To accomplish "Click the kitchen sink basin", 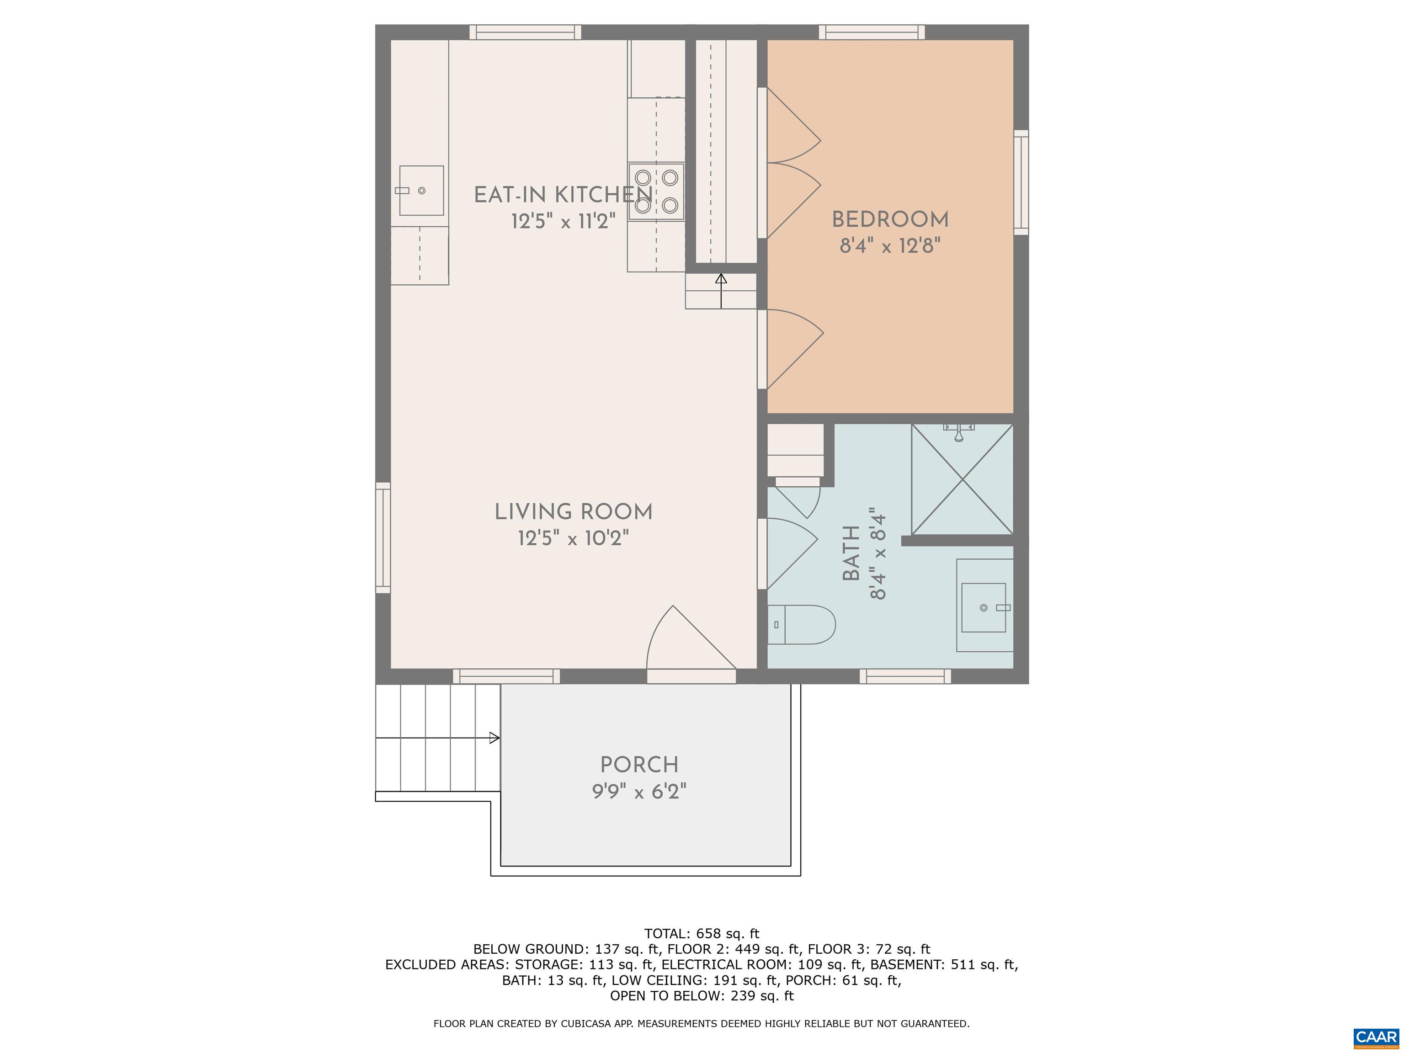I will pos(421,191).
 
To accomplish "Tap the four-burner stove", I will pos(656,191).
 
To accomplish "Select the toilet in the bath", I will pos(801,625).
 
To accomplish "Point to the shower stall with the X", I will pos(962,480).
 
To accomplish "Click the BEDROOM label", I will pos(890,220).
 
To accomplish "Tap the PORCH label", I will pos(639,765).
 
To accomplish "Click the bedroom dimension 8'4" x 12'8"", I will pos(890,245).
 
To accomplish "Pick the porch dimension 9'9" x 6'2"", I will pos(639,792).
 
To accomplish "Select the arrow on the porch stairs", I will pos(493,738).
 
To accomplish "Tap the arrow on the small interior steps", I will pos(721,279).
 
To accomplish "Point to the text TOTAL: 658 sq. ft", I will pos(702,934).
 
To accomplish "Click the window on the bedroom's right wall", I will pos(1021,182).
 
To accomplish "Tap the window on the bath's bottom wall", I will pos(905,676).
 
